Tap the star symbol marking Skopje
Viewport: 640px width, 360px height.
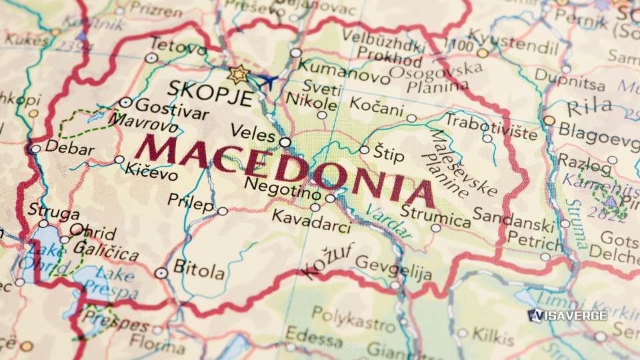coord(238,74)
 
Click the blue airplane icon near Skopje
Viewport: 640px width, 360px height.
coord(268,81)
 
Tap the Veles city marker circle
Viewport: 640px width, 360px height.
coord(285,142)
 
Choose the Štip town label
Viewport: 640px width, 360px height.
coord(389,155)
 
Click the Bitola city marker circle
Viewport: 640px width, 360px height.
coord(161,272)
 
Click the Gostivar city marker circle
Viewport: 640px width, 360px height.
coord(125,103)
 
